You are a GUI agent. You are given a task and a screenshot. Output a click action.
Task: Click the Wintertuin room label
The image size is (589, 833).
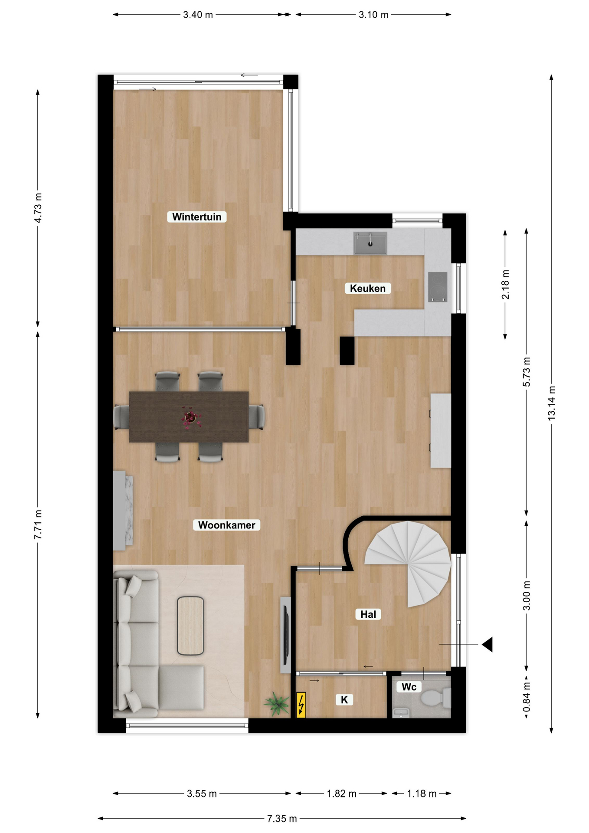pyautogui.click(x=196, y=217)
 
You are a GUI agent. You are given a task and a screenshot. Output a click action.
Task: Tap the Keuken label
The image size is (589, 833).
pyautogui.click(x=368, y=289)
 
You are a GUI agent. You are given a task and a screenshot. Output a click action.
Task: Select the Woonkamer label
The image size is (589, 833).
pyautogui.click(x=226, y=525)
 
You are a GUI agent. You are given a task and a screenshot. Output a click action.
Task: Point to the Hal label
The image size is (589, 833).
pyautogui.click(x=368, y=614)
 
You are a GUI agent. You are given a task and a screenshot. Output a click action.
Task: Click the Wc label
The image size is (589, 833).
pyautogui.click(x=409, y=687)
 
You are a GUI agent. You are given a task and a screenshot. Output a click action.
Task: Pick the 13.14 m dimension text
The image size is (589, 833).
pyautogui.click(x=551, y=403)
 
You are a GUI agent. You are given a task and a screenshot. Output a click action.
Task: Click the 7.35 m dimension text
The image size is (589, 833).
pyautogui.click(x=282, y=819)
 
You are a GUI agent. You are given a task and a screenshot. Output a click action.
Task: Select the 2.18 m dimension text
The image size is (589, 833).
pyautogui.click(x=505, y=285)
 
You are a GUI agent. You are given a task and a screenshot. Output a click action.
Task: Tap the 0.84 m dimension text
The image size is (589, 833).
pyautogui.click(x=527, y=697)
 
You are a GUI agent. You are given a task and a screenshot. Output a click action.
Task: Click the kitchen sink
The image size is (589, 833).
pyautogui.click(x=370, y=243)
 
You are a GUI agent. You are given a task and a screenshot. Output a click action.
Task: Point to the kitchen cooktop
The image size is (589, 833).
pyautogui.click(x=438, y=287)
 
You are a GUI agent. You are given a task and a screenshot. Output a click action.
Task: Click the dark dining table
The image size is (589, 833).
pyautogui.click(x=189, y=417)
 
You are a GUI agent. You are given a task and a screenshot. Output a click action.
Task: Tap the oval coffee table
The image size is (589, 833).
pyautogui.click(x=190, y=626)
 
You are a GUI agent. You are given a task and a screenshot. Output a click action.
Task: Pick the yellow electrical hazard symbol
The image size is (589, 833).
pyautogui.click(x=301, y=704)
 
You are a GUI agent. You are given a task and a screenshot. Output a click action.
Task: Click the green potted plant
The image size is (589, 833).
pyautogui.click(x=277, y=704)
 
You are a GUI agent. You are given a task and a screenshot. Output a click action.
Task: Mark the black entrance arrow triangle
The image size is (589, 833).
pyautogui.click(x=488, y=645)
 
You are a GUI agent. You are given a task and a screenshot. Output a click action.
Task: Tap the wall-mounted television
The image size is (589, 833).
pyautogui.click(x=285, y=635)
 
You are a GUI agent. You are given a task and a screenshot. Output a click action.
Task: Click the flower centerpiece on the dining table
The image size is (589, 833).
pyautogui.click(x=190, y=418)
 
